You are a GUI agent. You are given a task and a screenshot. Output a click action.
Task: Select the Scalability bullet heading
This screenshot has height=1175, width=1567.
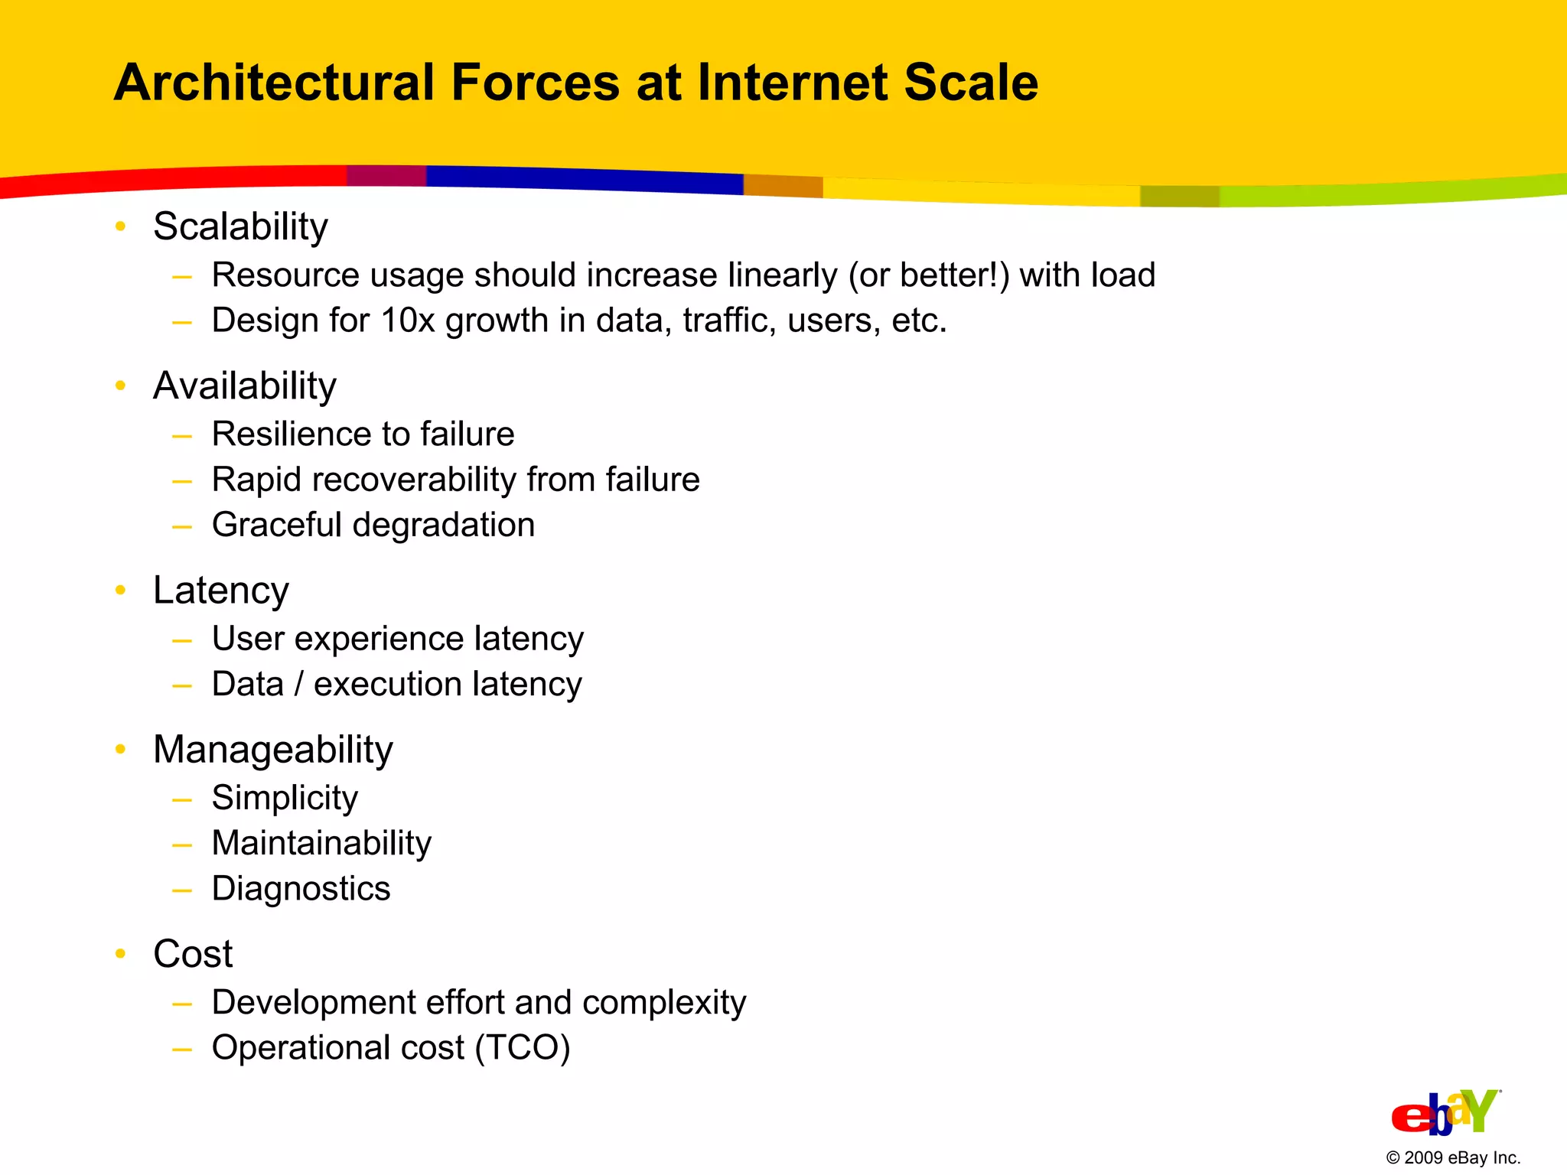pos(240,226)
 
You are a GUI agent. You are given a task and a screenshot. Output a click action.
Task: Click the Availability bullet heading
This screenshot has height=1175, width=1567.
pos(245,386)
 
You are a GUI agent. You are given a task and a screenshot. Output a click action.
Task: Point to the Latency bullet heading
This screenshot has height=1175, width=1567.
pos(221,591)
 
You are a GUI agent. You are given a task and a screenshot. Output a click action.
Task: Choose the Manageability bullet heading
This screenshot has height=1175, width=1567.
pos(273,750)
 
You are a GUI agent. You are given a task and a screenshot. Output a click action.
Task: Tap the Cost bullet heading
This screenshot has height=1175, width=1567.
pos(193,954)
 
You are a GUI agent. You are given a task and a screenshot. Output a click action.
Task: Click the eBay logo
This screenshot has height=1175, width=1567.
pos(1445,1113)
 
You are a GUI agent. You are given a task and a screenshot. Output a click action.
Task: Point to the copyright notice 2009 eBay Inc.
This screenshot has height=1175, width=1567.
pos(1453,1158)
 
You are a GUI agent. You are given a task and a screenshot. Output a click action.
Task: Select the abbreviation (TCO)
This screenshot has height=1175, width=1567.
pos(523,1048)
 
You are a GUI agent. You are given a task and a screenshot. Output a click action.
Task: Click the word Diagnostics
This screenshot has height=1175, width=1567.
pos(301,889)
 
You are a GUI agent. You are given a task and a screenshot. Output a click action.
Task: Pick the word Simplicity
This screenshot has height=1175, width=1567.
pos(285,798)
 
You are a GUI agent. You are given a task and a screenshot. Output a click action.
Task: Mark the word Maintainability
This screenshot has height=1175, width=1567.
pos(321,843)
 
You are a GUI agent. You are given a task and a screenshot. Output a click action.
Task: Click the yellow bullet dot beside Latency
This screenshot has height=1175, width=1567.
pos(120,590)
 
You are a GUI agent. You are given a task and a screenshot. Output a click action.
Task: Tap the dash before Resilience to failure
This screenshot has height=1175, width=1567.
pos(182,436)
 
